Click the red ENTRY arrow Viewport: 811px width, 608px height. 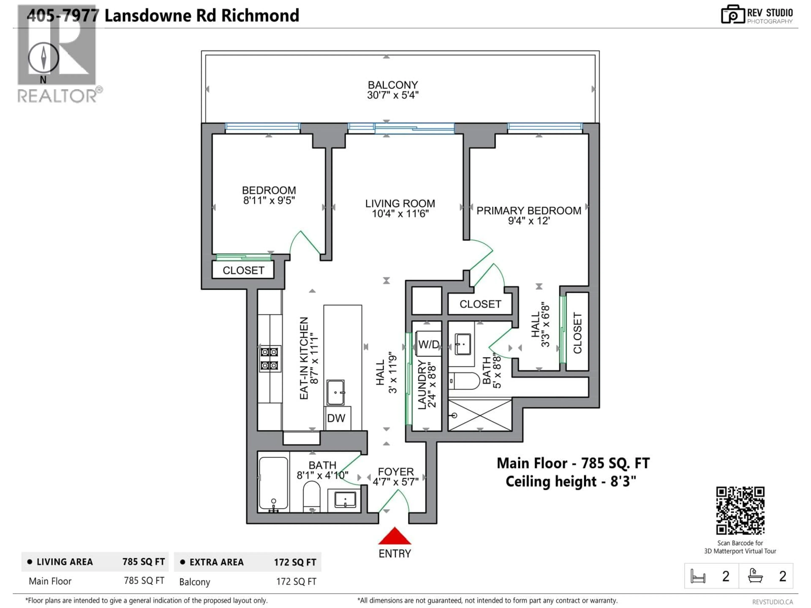(x=395, y=536)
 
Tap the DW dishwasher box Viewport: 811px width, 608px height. (x=336, y=418)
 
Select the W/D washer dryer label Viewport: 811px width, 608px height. (x=428, y=345)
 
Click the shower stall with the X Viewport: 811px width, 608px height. (x=480, y=415)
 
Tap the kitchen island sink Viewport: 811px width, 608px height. (x=335, y=392)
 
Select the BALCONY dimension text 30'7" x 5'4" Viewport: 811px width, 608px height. (x=393, y=95)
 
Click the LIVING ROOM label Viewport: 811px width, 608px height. (x=400, y=204)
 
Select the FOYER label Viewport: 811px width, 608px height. (x=396, y=472)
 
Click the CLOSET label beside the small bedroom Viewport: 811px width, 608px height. (x=244, y=270)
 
